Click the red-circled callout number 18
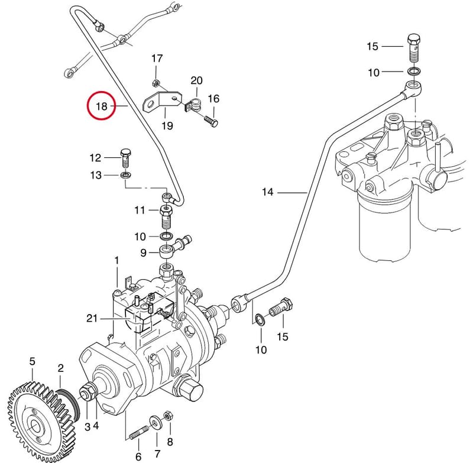(101, 106)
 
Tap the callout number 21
(92, 318)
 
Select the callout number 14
(268, 192)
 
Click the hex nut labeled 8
(168, 416)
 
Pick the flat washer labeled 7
(156, 422)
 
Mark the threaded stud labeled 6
(138, 432)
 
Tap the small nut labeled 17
(155, 82)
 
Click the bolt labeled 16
(211, 122)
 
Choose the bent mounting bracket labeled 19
(161, 101)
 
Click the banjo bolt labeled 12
(126, 158)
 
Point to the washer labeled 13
(125, 174)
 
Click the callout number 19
(167, 125)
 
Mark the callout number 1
(116, 260)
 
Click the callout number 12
(95, 158)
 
